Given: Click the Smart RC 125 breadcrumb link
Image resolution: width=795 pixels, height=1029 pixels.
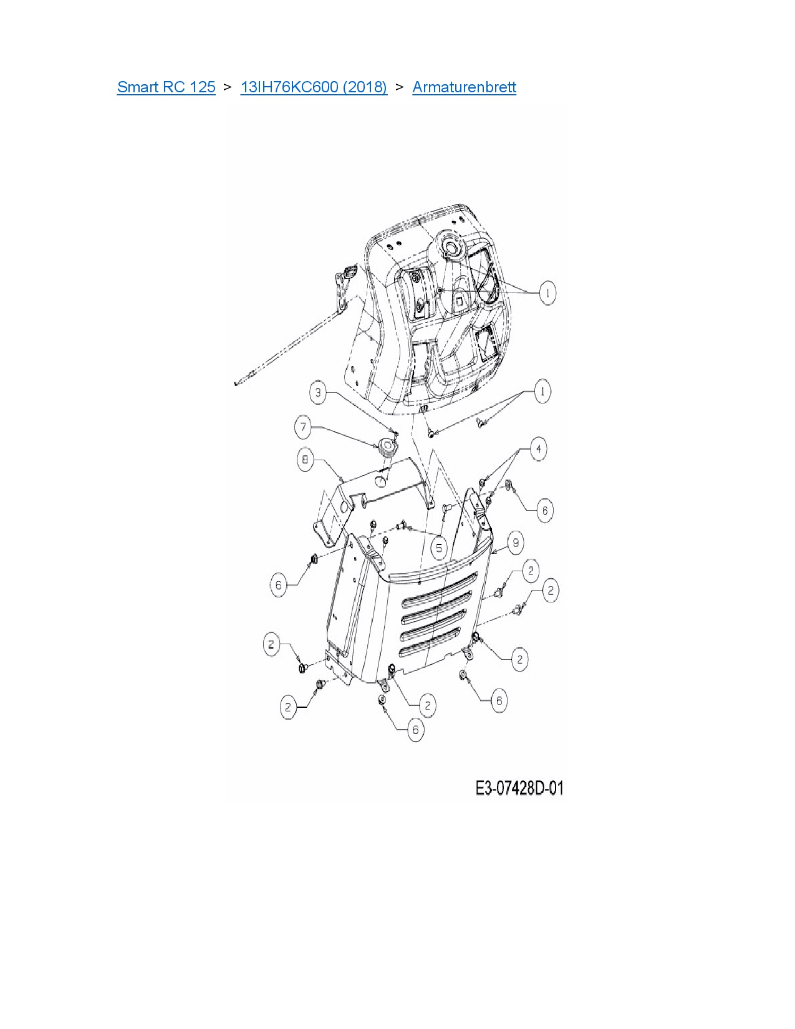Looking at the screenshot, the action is click(166, 87).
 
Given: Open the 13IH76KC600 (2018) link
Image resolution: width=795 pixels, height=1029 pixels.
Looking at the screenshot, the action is click(314, 87).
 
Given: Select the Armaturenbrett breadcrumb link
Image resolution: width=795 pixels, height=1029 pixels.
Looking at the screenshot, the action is click(464, 87).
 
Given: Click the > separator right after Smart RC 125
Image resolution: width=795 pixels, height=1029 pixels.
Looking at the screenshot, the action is click(228, 87).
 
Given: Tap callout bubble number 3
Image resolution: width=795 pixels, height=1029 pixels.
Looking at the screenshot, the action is click(319, 392).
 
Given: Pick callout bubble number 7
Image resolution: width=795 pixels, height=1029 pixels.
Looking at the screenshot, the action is click(304, 427).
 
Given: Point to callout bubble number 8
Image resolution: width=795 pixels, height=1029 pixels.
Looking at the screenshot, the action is click(306, 460).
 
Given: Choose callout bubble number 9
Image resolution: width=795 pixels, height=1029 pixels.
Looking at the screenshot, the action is click(515, 543).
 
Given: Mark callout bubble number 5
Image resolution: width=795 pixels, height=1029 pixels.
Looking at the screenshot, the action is click(439, 548).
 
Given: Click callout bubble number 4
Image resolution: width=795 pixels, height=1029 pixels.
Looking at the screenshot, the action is click(538, 448).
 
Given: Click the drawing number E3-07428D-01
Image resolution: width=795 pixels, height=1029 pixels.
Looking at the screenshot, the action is click(519, 788).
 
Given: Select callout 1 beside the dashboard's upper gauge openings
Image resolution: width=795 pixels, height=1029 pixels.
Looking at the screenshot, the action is click(547, 292).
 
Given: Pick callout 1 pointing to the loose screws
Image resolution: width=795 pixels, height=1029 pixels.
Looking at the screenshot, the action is click(542, 392).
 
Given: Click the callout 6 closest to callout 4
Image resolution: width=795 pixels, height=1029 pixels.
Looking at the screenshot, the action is click(544, 511).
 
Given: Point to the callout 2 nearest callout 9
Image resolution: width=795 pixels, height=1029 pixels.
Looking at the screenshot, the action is click(530, 570).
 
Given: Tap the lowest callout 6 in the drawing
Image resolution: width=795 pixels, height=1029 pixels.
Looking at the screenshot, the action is click(415, 730).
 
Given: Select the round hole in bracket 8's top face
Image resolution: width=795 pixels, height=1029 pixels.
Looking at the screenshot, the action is click(380, 481).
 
